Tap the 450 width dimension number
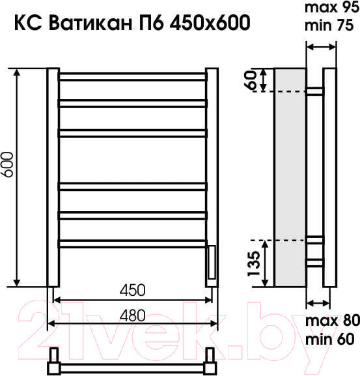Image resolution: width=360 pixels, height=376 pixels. pos(132,290)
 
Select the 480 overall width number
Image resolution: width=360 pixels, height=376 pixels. pos(132,315)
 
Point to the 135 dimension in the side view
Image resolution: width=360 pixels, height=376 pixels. pos(254,263)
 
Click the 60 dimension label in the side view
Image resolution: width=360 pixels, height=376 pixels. pos(250,80)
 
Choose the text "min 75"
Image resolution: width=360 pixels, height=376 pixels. pos(329,25)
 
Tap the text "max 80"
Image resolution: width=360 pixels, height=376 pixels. pos(333,321)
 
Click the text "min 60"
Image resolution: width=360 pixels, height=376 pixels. pos(330,339)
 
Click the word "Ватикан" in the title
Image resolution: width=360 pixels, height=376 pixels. pos(90,23)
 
